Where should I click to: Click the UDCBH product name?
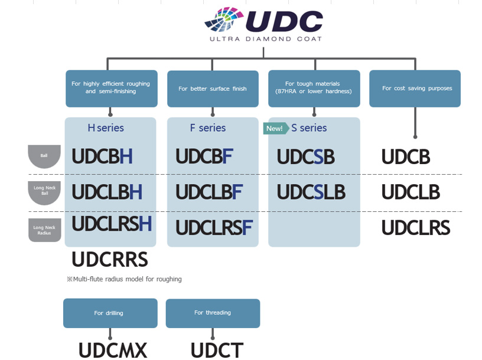click(102, 156)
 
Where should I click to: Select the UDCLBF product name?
click(209, 192)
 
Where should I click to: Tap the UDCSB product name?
click(305, 157)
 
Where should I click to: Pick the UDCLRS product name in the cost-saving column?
click(415, 228)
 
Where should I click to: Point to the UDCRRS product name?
click(109, 260)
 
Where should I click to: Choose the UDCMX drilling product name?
click(112, 350)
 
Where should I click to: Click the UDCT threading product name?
click(216, 350)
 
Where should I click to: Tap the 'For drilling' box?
click(110, 313)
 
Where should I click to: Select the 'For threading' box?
click(213, 313)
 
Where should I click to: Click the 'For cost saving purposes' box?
click(415, 89)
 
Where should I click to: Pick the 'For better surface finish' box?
click(213, 89)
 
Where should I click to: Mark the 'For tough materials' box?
click(314, 89)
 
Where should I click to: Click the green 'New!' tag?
click(275, 128)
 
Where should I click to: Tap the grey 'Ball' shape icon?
click(44, 156)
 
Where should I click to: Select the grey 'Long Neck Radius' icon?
click(44, 230)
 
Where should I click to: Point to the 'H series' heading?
click(106, 128)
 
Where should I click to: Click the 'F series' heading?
click(208, 128)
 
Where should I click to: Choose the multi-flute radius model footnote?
click(124, 279)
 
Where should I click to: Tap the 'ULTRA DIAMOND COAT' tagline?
click(266, 39)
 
